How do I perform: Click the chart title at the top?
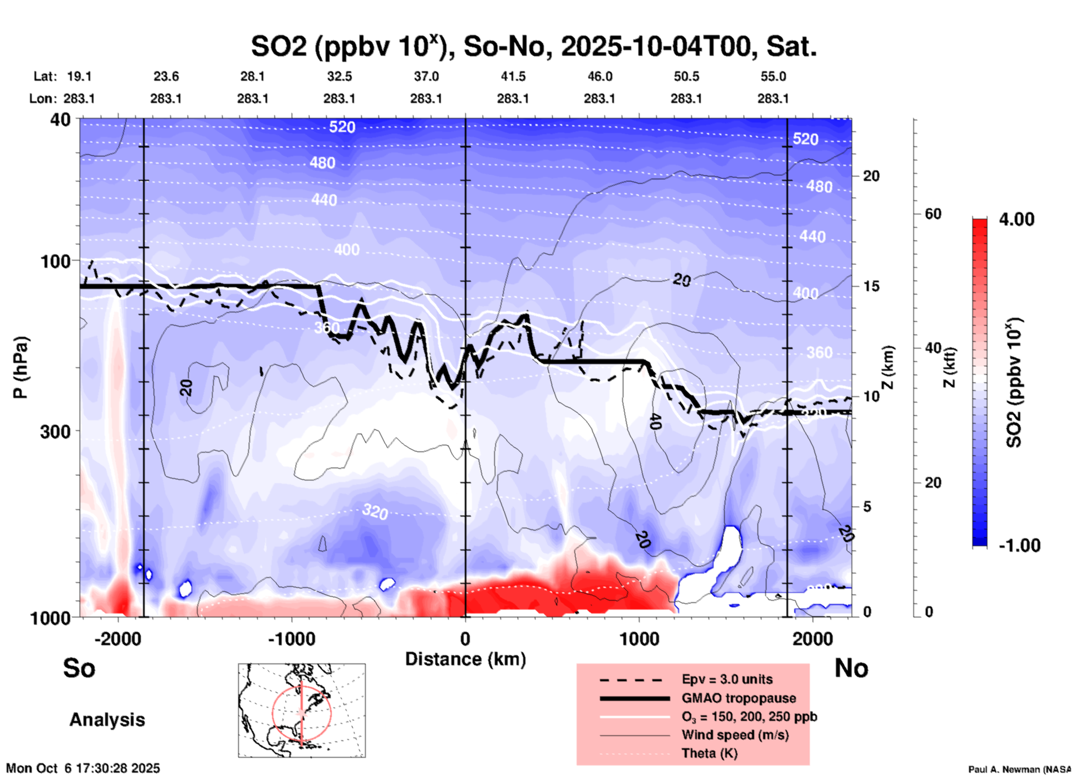533,47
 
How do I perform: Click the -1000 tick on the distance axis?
292,639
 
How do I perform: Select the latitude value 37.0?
426,76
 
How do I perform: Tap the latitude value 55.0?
773,76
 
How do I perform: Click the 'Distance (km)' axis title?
465,659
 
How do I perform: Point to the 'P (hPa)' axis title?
20,367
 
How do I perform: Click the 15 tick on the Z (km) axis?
871,286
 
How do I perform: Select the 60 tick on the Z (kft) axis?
933,214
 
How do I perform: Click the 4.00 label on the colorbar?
1016,219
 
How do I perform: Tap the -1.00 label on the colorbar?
1019,546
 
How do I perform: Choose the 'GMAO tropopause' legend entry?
739,698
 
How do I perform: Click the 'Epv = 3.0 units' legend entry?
727,679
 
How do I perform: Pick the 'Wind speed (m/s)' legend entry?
735,735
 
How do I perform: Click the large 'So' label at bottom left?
79,668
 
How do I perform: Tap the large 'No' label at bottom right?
851,668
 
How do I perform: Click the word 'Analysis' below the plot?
107,720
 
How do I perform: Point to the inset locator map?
302,710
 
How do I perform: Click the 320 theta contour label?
375,511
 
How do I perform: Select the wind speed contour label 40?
655,422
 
